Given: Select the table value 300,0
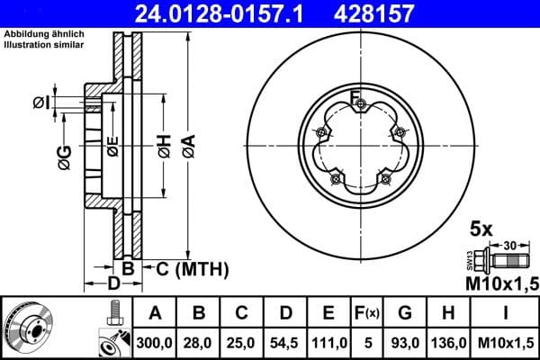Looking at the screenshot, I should (x=154, y=343).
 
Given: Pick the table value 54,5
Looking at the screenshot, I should (x=285, y=343).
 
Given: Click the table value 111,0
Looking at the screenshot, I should (x=329, y=343).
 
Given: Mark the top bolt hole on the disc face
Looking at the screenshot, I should (x=360, y=105).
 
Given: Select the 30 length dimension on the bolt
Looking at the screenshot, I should (x=511, y=245).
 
